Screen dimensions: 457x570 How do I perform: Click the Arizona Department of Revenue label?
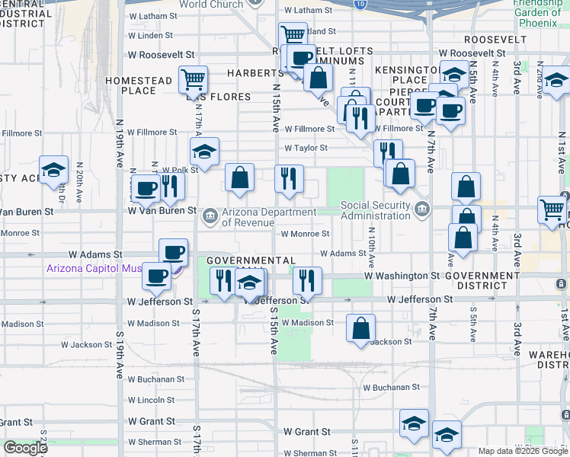[x=268, y=217]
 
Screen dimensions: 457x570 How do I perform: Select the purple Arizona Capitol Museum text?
[x=106, y=267]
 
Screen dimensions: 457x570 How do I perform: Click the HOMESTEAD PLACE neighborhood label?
[x=139, y=85]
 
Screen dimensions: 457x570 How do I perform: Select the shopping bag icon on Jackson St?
[x=361, y=328]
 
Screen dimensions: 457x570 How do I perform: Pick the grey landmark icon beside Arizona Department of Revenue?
[x=209, y=217]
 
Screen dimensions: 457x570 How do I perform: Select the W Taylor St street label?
[x=306, y=149]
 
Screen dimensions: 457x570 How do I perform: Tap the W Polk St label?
[x=180, y=170]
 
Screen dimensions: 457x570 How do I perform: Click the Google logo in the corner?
[x=25, y=448]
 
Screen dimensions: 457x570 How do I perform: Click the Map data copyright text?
[x=523, y=451]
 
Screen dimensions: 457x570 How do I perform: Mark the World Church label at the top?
[x=211, y=5]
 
